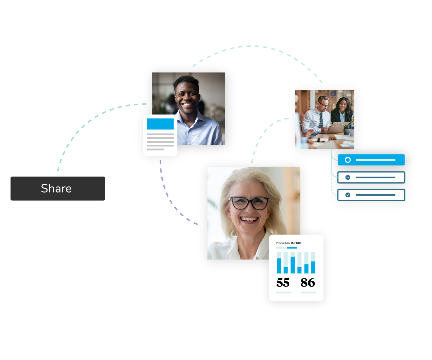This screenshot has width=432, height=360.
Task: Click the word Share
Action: (56, 188)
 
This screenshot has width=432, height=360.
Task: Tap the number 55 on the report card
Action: (283, 282)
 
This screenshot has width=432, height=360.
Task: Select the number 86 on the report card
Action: (308, 282)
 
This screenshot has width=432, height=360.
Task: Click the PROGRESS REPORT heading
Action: (289, 243)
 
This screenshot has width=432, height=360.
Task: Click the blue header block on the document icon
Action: (160, 124)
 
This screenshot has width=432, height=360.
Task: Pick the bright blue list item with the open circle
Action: (371, 160)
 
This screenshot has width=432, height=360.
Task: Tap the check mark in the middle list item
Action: (348, 177)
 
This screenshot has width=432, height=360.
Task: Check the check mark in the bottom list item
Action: (348, 195)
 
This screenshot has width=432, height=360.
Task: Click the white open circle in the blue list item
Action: (348, 160)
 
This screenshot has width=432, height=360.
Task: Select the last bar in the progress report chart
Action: (313, 267)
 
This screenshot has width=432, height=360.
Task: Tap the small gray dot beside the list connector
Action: (338, 166)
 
